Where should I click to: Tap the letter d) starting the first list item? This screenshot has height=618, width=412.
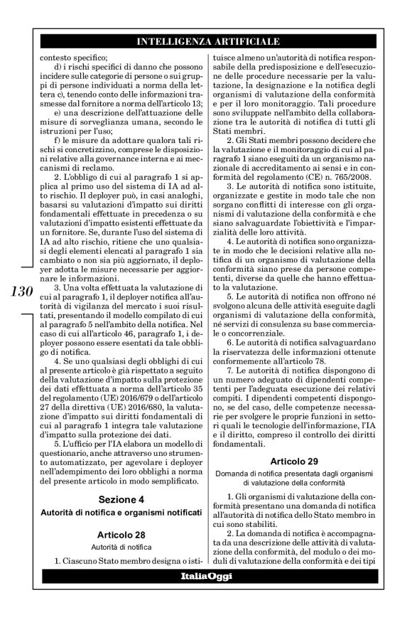click(x=58, y=65)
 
